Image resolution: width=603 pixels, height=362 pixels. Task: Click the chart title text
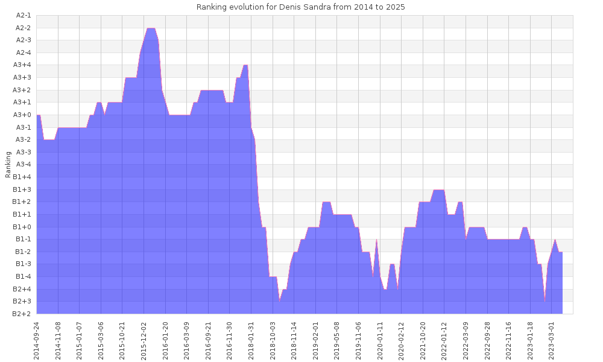tap(301, 7)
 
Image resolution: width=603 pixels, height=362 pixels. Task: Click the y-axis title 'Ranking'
tap(8, 164)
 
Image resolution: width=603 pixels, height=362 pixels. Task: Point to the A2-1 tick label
tap(24, 15)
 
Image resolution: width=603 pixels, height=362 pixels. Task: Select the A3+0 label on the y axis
tap(22, 115)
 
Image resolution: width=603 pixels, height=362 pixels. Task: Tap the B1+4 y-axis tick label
tap(22, 177)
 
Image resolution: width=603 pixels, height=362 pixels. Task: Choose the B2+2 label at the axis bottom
tap(22, 314)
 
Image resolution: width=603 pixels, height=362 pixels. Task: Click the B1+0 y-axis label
tap(22, 227)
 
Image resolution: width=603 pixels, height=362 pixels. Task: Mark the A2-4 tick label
tap(24, 52)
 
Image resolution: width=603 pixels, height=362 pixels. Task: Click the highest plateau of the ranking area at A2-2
tap(151, 28)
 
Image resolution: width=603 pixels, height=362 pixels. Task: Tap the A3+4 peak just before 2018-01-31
tap(245, 65)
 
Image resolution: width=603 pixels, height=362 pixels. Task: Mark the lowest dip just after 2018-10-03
tap(280, 300)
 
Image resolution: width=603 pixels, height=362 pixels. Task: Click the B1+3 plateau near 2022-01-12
tap(438, 190)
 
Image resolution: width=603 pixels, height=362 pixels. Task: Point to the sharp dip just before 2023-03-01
tap(545, 300)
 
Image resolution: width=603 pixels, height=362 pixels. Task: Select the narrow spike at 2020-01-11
tap(376, 240)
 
